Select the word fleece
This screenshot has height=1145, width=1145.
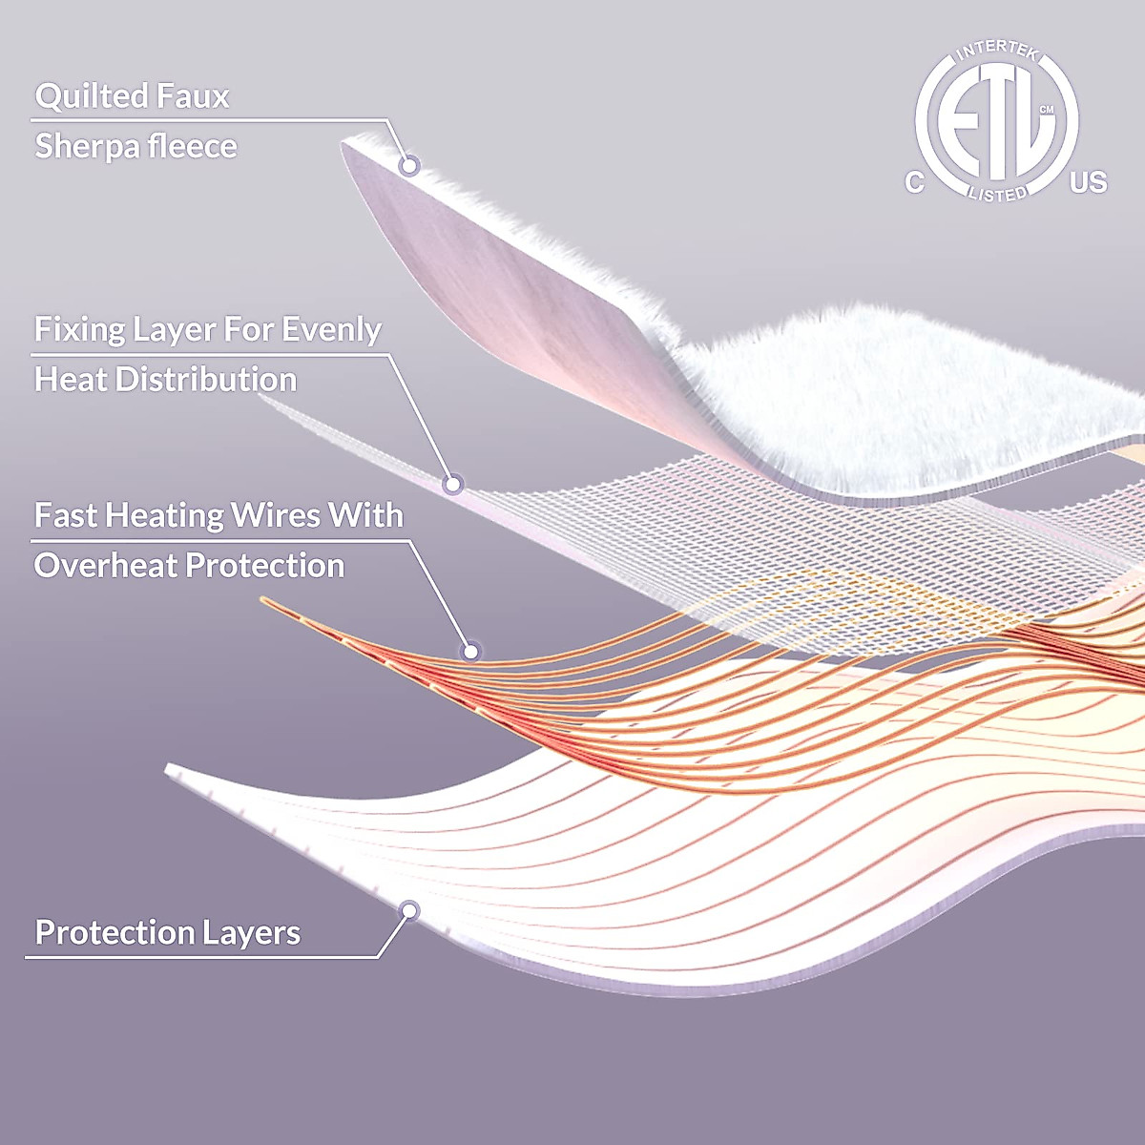point(193,147)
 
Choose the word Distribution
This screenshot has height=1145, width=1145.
point(206,380)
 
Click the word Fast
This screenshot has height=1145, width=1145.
point(65,516)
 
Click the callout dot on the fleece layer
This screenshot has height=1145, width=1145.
point(409,165)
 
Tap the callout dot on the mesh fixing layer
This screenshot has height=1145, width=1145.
point(453,484)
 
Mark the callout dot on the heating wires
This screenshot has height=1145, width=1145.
point(469,652)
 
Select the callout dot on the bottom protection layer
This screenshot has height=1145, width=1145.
point(410,911)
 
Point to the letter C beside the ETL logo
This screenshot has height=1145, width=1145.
point(914,183)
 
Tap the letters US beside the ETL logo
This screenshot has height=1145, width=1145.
point(1089,182)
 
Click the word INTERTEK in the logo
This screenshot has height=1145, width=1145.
point(997,52)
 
